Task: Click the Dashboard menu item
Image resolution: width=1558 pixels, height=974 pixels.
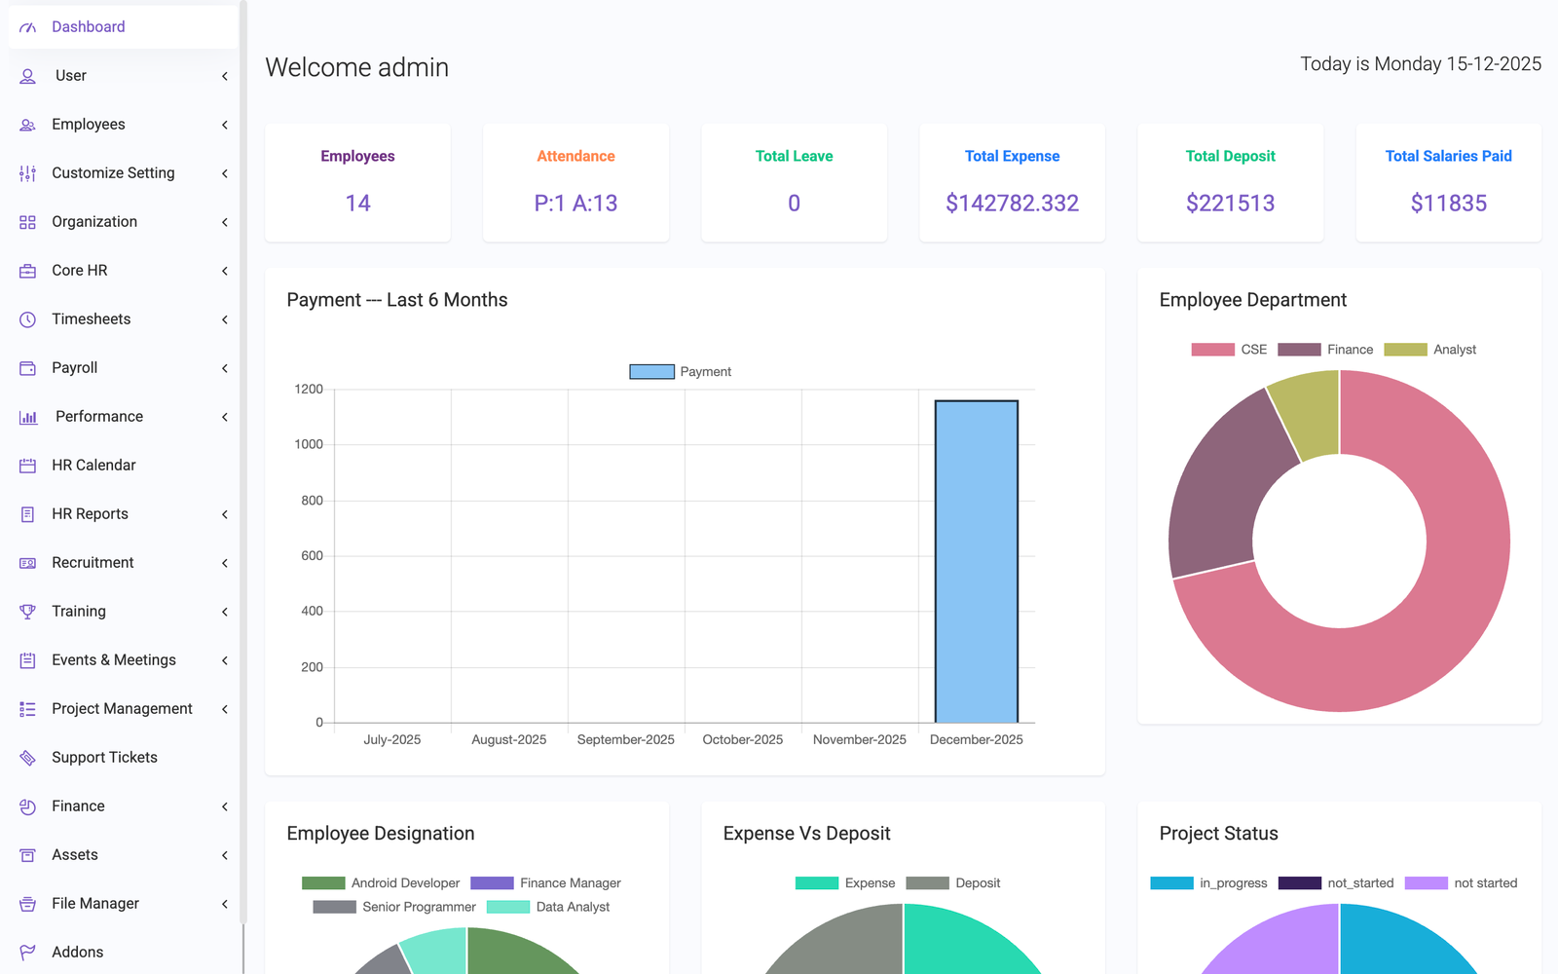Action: (88, 27)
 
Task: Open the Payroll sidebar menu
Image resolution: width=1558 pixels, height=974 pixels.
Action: (75, 368)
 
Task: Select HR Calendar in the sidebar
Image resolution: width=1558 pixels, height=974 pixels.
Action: (93, 466)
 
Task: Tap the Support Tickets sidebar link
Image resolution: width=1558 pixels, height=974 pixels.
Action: (104, 758)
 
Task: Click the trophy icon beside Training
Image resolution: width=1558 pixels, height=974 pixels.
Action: (27, 612)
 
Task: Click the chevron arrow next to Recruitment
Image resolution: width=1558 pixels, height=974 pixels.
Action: (225, 563)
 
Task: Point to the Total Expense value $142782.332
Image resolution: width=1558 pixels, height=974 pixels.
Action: (1012, 204)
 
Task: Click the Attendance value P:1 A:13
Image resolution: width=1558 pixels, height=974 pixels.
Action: (575, 204)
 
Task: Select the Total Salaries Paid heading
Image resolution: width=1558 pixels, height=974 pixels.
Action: (1448, 156)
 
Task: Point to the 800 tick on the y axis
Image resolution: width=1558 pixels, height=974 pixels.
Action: (312, 501)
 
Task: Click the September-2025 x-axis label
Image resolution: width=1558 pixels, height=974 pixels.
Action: (625, 740)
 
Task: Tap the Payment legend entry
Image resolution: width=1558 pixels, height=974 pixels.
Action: (681, 372)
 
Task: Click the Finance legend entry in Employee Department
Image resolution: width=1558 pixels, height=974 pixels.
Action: (1326, 350)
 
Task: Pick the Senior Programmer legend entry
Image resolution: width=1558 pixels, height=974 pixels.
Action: (395, 907)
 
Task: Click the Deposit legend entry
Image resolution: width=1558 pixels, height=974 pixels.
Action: (953, 883)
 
